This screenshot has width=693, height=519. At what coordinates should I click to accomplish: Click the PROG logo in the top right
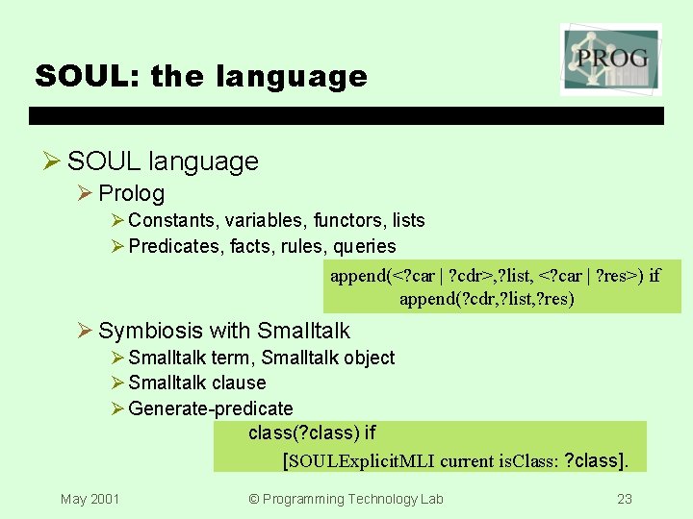point(610,60)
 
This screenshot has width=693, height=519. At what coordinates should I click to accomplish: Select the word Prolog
point(131,193)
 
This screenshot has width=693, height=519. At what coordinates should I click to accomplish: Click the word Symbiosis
point(150,331)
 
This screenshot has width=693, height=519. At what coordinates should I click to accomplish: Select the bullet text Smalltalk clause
point(197,383)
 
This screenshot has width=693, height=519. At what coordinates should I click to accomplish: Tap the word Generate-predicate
point(210,408)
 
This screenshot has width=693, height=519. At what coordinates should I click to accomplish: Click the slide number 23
point(624,499)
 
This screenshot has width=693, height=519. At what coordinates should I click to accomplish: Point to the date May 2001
point(90,499)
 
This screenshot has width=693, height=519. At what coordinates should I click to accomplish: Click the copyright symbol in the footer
point(254,499)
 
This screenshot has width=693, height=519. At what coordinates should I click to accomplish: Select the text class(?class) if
point(312,433)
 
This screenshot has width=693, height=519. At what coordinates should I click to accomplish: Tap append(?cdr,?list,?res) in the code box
point(487,299)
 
